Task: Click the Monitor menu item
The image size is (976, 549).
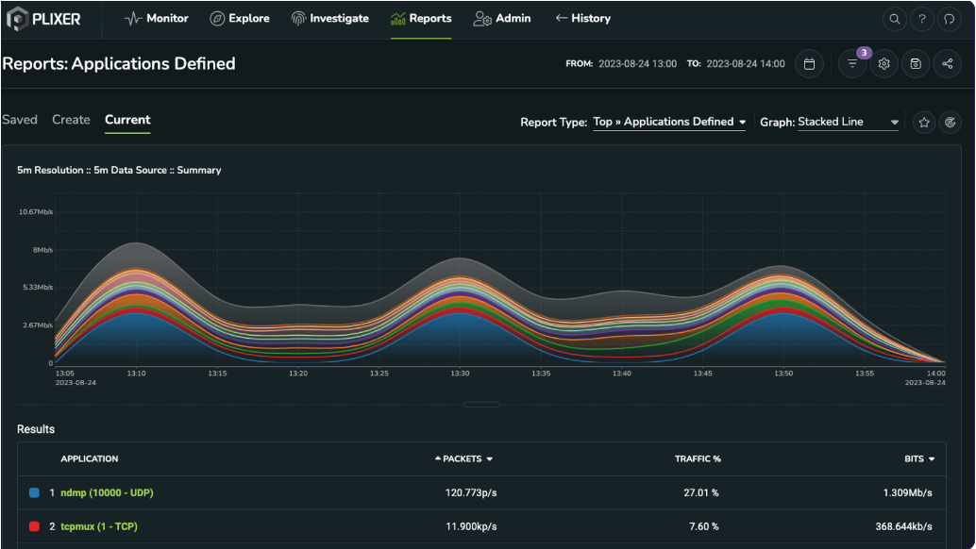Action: tap(157, 18)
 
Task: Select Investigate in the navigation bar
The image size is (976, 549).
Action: tap(329, 18)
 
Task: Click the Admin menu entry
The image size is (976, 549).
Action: tap(502, 18)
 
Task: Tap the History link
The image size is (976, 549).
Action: tap(582, 18)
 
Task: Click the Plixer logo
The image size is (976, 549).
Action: tap(43, 18)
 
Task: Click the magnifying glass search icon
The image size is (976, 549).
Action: tap(893, 19)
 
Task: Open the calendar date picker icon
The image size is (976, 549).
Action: tap(809, 64)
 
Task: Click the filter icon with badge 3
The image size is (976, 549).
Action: tap(852, 64)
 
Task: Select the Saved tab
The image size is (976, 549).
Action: tap(20, 120)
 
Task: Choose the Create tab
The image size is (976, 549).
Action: tap(71, 120)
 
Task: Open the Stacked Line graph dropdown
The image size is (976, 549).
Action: tap(848, 122)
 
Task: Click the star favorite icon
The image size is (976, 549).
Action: tap(924, 122)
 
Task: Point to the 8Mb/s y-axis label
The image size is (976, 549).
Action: tap(42, 250)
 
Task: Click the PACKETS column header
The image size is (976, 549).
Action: tap(463, 459)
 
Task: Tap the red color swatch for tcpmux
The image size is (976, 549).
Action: tap(34, 526)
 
